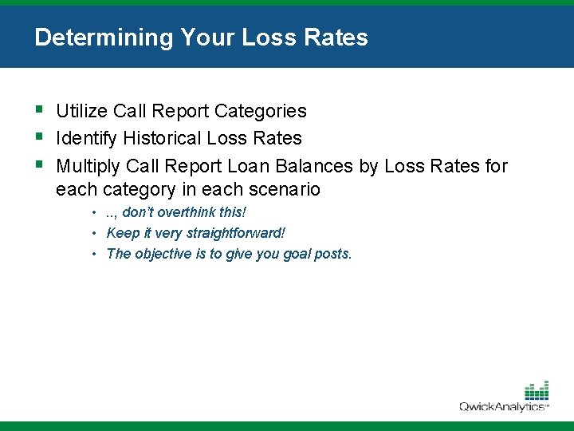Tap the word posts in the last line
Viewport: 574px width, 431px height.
point(334,254)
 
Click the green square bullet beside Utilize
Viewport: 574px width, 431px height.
point(39,109)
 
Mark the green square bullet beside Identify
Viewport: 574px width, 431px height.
point(39,136)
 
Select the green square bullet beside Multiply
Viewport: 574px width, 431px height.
point(39,164)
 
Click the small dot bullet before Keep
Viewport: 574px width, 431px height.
point(94,233)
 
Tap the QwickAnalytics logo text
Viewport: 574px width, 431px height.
point(502,406)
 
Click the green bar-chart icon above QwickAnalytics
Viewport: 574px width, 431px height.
point(537,390)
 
